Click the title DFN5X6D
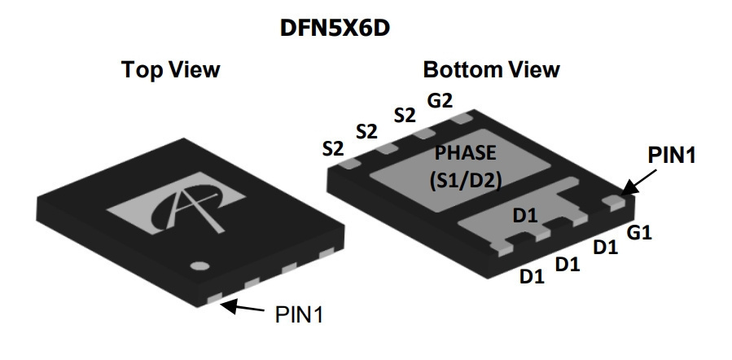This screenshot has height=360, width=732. point(335,28)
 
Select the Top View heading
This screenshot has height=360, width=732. point(170,69)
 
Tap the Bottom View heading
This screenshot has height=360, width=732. point(491,69)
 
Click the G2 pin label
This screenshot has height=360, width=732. point(440,100)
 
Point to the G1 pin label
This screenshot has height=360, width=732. point(638,232)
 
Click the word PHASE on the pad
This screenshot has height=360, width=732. point(465,152)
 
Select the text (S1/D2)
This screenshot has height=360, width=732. point(466,180)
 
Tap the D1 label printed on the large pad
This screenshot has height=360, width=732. point(525,216)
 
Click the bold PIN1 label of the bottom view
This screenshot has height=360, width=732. point(672,155)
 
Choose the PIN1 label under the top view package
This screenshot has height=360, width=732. point(299,314)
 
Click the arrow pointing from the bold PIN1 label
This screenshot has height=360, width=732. point(638,182)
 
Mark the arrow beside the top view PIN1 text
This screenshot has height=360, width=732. point(243,307)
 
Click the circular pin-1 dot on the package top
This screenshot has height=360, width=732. point(199,266)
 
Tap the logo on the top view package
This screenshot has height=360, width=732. point(177,203)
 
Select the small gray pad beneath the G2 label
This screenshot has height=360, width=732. point(462,118)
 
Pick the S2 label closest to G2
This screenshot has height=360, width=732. point(405,116)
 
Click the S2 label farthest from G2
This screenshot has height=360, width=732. point(333,149)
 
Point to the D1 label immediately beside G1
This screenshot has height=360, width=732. point(606,247)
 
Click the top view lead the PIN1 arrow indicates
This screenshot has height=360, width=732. point(215,297)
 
